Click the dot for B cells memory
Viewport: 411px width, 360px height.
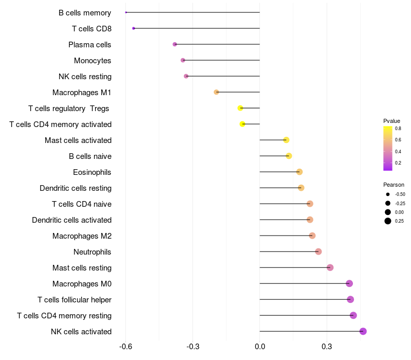(x=126, y=12)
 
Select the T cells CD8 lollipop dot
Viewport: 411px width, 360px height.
(x=134, y=28)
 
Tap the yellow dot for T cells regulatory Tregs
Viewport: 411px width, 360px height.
(x=240, y=108)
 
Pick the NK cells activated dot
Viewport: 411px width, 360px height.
(x=363, y=331)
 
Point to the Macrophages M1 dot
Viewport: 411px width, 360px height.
(x=216, y=92)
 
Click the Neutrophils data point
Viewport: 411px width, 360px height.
(x=319, y=251)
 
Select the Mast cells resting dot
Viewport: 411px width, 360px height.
(x=330, y=267)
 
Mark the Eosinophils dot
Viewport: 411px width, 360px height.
(x=300, y=172)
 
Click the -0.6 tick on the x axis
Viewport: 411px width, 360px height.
(x=125, y=347)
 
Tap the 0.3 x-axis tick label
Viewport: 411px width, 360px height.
(x=327, y=347)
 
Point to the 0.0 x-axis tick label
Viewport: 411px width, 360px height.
(x=260, y=347)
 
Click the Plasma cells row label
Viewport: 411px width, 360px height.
(x=89, y=45)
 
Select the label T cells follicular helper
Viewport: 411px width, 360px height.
(x=74, y=300)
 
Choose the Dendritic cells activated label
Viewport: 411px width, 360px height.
(x=72, y=220)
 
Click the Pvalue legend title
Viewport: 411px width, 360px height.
(x=391, y=121)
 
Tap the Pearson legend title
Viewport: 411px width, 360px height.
(x=394, y=185)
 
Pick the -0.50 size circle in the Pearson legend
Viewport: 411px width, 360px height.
(x=388, y=194)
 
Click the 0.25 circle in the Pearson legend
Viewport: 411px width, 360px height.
(x=388, y=221)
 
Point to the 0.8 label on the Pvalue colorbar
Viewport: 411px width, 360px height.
(x=398, y=129)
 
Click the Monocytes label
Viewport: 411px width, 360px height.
(x=92, y=61)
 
